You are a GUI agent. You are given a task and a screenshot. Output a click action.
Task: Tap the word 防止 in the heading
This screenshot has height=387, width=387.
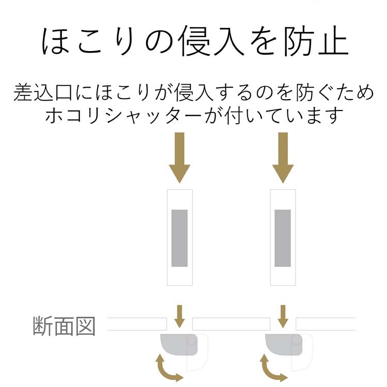(x=316, y=42)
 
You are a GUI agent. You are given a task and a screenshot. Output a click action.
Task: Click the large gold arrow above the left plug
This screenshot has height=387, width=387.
(x=180, y=157)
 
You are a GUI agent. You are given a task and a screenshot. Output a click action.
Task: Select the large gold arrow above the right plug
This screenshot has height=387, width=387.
(x=283, y=157)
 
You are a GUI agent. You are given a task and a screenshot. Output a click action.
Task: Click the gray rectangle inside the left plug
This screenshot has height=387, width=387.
(x=180, y=238)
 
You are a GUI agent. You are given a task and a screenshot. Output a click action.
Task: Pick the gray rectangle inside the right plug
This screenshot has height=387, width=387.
(x=283, y=238)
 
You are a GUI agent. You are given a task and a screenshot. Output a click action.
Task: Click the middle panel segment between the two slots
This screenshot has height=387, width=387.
(x=231, y=324)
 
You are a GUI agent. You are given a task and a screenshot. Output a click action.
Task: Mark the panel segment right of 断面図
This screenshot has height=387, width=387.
(x=137, y=324)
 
